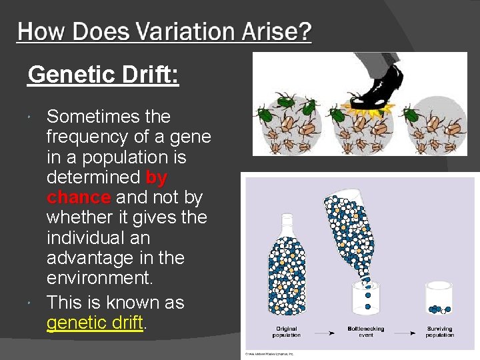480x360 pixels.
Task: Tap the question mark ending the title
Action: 303,31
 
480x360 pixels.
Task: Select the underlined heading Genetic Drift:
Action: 103,74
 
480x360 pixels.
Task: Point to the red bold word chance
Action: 78,197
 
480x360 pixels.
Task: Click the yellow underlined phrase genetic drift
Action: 95,323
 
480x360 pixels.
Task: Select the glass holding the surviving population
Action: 439,299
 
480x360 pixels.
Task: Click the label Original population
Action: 287,331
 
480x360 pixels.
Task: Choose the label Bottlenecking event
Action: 365,331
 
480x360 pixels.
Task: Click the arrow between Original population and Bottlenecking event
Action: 325,329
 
